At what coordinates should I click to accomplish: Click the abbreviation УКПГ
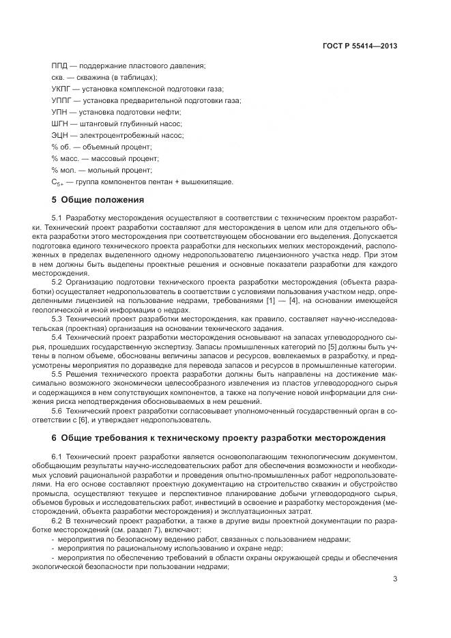point(62,89)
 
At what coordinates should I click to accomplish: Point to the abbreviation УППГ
point(63,100)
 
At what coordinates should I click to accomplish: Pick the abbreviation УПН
point(60,112)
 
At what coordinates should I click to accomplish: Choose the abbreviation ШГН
point(61,124)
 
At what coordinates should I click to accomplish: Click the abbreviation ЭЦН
point(61,135)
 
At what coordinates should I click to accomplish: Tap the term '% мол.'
point(63,170)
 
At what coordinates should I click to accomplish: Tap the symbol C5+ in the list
point(57,182)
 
